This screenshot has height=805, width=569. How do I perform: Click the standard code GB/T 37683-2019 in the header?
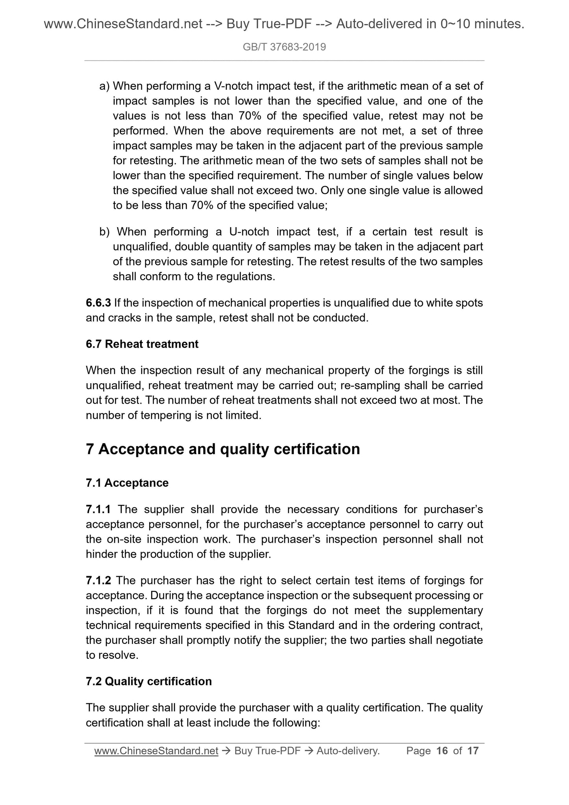pos(284,47)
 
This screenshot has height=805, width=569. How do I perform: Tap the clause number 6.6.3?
pos(98,303)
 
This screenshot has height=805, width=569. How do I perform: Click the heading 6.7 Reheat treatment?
pos(142,344)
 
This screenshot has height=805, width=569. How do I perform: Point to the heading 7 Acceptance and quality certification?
pos(223,449)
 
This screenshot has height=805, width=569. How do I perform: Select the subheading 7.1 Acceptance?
pos(127,483)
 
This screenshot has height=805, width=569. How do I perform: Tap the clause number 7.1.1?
pos(98,510)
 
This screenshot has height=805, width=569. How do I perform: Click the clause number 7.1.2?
pos(98,581)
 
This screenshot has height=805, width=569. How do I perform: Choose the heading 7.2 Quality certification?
pos(149,681)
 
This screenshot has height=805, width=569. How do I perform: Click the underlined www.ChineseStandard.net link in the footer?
pos(156,751)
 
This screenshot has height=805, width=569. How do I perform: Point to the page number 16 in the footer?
pos(442,751)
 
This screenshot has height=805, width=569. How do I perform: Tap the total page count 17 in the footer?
pos(473,751)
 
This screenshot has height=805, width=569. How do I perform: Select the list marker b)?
pos(104,232)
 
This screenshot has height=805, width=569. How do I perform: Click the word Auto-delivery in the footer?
pos(348,751)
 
